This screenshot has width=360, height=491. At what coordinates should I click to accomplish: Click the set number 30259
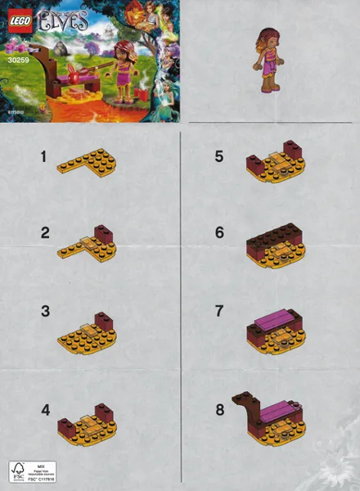[15, 57]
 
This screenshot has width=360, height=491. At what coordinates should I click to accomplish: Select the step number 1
[43, 155]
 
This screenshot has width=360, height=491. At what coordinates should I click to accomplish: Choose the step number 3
[45, 311]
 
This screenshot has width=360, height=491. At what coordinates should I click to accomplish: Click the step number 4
[45, 409]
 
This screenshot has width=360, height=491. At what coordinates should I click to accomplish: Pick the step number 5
[219, 155]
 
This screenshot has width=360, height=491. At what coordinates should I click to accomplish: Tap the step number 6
[219, 232]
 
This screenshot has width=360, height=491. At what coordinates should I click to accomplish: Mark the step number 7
[219, 312]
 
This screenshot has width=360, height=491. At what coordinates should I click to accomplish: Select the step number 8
[219, 409]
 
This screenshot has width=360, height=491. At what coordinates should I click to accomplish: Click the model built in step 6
[273, 241]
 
